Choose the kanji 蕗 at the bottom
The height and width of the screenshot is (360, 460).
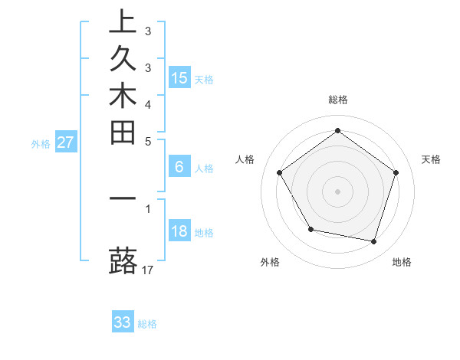point(123,260)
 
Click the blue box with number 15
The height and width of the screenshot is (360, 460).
point(179,77)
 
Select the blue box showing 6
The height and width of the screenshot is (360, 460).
point(179,167)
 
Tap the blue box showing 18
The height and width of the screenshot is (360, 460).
point(179,231)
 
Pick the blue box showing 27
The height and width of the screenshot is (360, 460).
point(66,142)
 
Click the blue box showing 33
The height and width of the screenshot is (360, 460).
point(123,322)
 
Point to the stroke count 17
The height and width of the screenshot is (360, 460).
point(149,270)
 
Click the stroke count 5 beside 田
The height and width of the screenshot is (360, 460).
point(148,141)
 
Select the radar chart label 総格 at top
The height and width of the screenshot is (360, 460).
point(337,100)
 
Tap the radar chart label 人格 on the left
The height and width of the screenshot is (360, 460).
point(245,159)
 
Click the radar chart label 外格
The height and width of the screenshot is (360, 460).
point(270,262)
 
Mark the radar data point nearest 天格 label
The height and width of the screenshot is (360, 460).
point(396,172)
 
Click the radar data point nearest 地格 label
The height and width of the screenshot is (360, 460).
point(374,241)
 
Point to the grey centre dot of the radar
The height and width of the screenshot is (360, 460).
point(337,191)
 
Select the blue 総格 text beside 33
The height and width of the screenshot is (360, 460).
point(147,324)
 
